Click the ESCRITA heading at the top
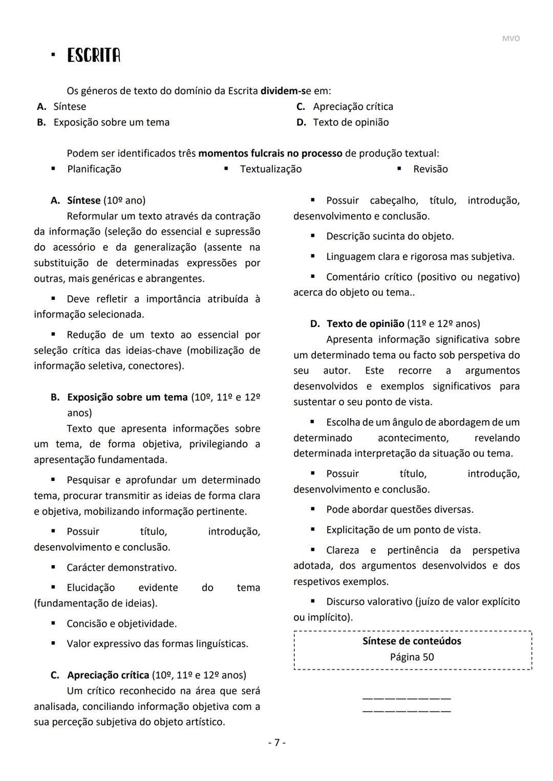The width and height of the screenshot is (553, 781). coord(94,55)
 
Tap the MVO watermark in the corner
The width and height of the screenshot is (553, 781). coord(511,38)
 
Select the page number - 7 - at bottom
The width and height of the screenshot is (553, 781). coord(277,742)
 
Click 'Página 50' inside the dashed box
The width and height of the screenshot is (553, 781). coord(412,657)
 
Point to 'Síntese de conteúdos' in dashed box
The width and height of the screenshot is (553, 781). coord(412,641)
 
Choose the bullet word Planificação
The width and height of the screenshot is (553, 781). coord(94,169)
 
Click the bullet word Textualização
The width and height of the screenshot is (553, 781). coord(271,169)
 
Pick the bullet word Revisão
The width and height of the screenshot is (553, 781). coord(430,169)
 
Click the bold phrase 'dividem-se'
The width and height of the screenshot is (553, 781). coord(286,91)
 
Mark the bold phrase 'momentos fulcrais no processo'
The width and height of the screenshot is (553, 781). coord(270,153)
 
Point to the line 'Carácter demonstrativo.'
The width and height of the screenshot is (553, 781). coord(121,567)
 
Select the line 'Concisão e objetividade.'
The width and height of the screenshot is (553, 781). coord(121,623)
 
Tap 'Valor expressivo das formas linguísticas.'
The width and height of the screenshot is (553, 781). coord(157,643)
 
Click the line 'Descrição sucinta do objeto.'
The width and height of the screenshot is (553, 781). coord(390,236)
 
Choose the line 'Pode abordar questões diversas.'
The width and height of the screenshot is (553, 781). coord(399,509)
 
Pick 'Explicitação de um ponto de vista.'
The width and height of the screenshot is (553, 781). coord(403,530)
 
